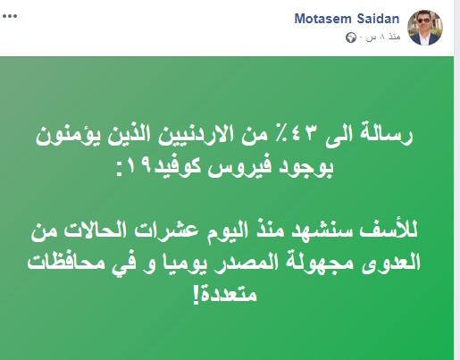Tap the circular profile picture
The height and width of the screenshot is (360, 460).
(x=425, y=28)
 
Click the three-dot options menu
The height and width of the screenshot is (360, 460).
(x=10, y=16)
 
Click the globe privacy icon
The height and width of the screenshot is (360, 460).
(x=351, y=38)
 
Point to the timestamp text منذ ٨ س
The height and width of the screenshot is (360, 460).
(x=383, y=37)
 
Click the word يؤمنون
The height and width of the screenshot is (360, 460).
(x=65, y=136)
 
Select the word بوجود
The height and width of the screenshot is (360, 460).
(x=306, y=168)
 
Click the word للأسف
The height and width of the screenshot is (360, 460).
(x=388, y=230)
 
